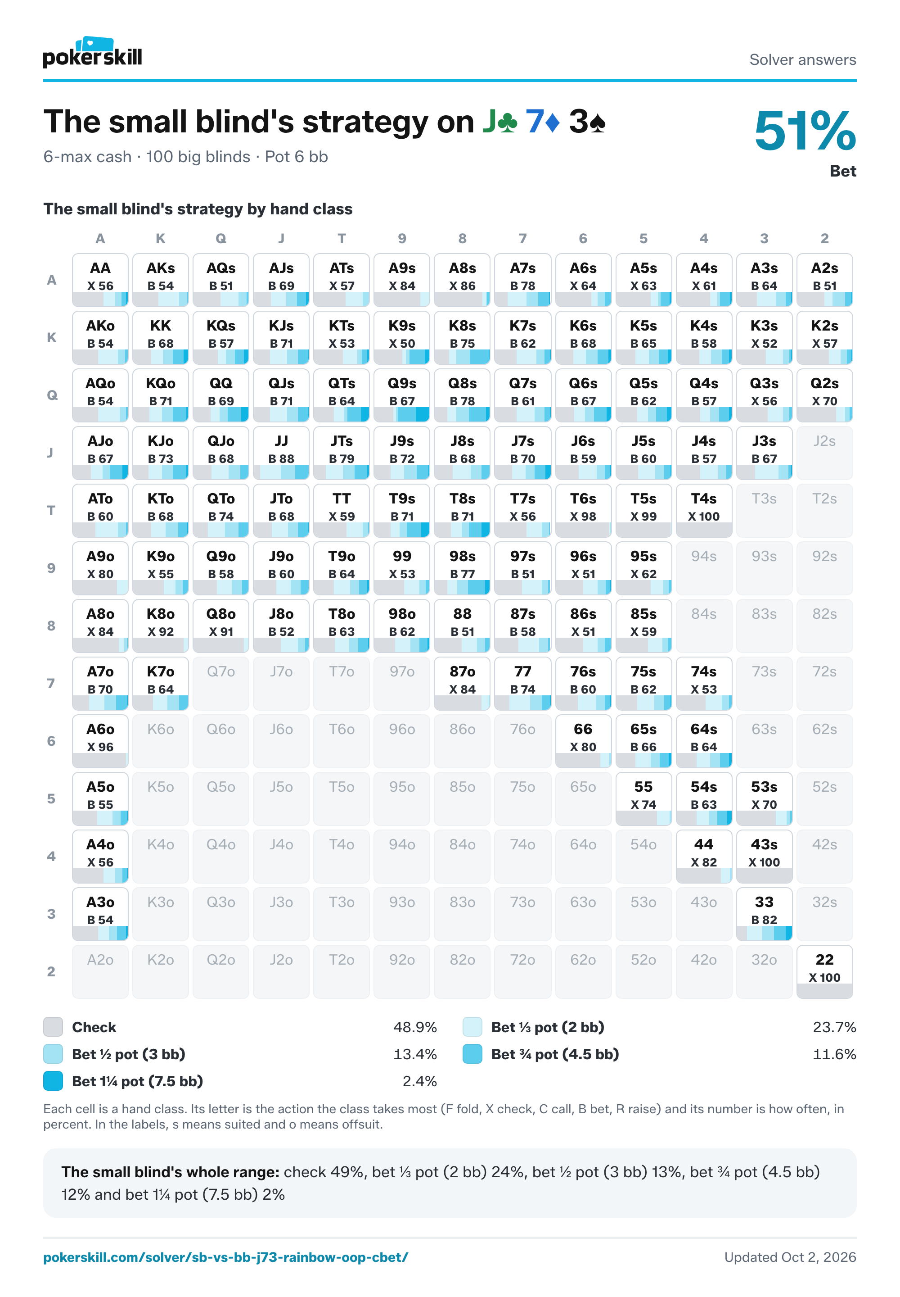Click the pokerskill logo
(x=93, y=53)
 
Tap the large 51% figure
(x=805, y=131)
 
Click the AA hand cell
(x=100, y=280)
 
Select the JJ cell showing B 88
(x=281, y=453)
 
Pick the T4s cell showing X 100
(x=704, y=510)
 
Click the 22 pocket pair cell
(x=824, y=971)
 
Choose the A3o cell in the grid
(x=100, y=914)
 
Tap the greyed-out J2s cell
(x=824, y=453)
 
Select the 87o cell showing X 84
(x=463, y=684)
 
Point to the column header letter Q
(x=221, y=238)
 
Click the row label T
(x=51, y=510)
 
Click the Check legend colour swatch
(x=53, y=1027)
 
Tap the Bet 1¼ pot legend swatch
(x=53, y=1081)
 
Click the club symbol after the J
(x=508, y=122)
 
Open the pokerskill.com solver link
(x=225, y=1257)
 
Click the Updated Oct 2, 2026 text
(x=790, y=1257)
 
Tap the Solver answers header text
(x=802, y=59)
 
